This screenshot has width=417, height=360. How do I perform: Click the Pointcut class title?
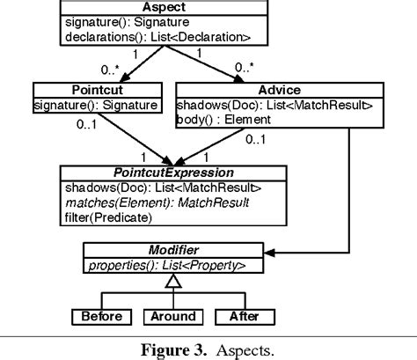96,89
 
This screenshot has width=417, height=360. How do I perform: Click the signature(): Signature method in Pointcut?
96,105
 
